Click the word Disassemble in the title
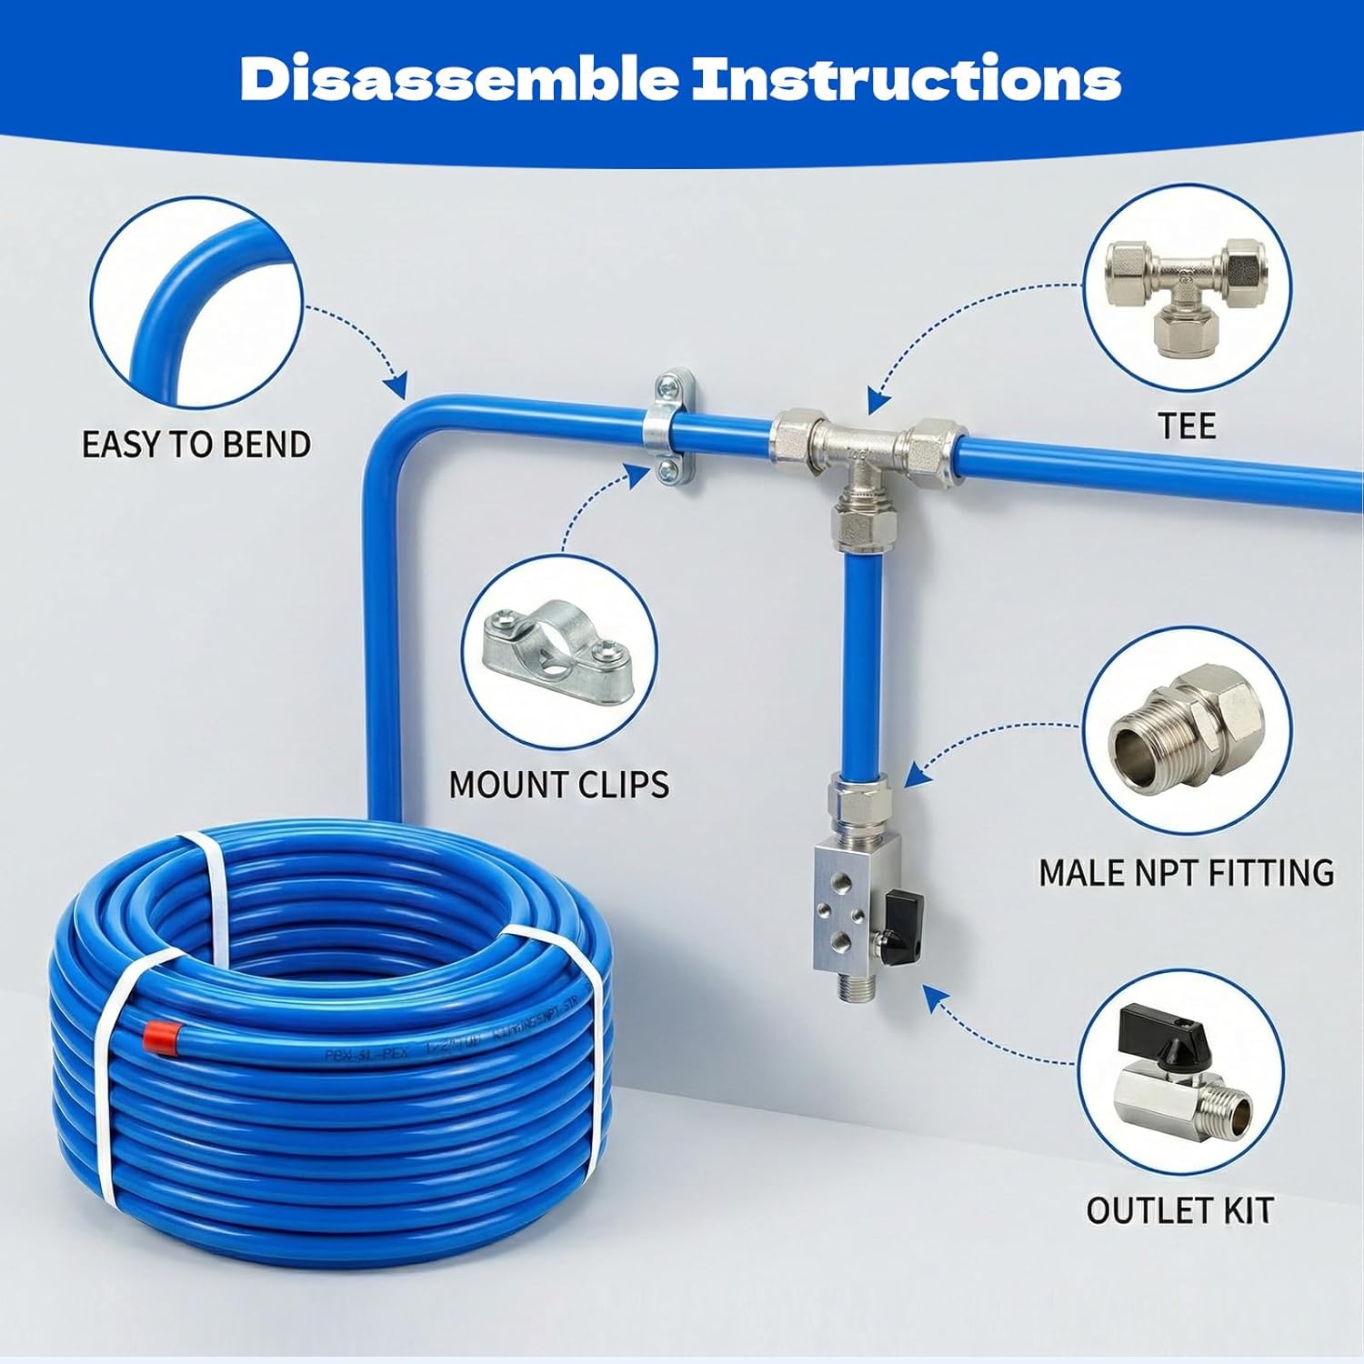click(x=458, y=79)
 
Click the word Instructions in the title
click(x=906, y=79)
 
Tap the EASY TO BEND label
click(x=196, y=445)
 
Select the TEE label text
click(x=1187, y=426)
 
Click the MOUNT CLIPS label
click(x=558, y=784)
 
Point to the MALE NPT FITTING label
click(x=1186, y=872)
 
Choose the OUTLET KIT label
click(x=1179, y=1210)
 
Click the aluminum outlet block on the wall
click(x=843, y=910)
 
